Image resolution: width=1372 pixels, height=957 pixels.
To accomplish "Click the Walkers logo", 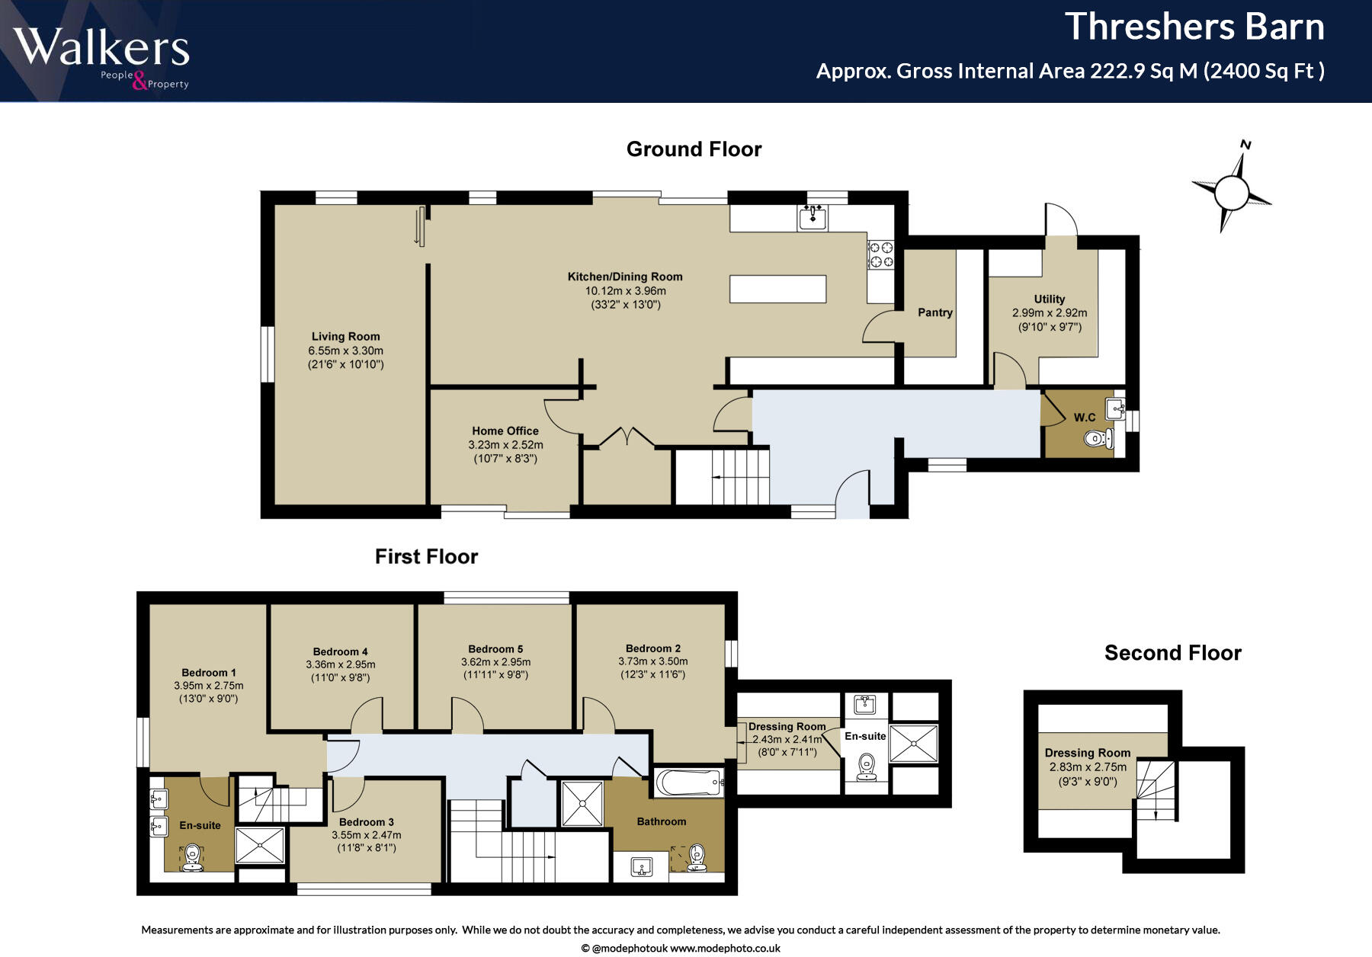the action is pyautogui.click(x=101, y=58).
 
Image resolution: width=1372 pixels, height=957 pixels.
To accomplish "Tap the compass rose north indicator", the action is pyautogui.click(x=1232, y=186).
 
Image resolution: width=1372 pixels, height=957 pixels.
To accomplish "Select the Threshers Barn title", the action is pyautogui.click(x=1194, y=27).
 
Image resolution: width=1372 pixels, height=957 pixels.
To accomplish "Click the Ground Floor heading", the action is pyautogui.click(x=694, y=149).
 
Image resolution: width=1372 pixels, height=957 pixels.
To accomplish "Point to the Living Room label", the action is pyautogui.click(x=345, y=336).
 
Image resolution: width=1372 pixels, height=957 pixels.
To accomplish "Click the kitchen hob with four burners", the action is pyautogui.click(x=881, y=254).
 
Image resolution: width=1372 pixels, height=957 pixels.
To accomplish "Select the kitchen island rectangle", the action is pyautogui.click(x=777, y=289).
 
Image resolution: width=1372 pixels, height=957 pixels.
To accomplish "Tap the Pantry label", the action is pyautogui.click(x=935, y=312).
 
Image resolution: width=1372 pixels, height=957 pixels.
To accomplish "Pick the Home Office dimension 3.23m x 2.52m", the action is pyautogui.click(x=505, y=445).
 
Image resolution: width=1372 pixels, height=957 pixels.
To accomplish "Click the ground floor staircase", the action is pyautogui.click(x=723, y=476).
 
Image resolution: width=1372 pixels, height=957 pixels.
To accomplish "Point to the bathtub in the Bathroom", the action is pyautogui.click(x=688, y=783).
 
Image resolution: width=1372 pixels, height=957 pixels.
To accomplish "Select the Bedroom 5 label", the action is pyautogui.click(x=495, y=649).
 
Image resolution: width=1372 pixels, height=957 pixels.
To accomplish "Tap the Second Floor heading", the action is pyautogui.click(x=1173, y=653).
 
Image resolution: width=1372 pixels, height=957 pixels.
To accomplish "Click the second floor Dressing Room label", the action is pyautogui.click(x=1088, y=754).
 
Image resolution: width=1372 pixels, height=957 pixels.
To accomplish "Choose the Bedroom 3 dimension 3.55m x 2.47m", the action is pyautogui.click(x=366, y=835).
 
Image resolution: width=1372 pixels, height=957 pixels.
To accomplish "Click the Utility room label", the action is pyautogui.click(x=1050, y=299).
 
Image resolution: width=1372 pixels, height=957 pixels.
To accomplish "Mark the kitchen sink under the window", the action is pyautogui.click(x=813, y=217).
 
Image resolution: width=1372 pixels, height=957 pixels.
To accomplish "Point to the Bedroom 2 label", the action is pyautogui.click(x=653, y=648).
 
